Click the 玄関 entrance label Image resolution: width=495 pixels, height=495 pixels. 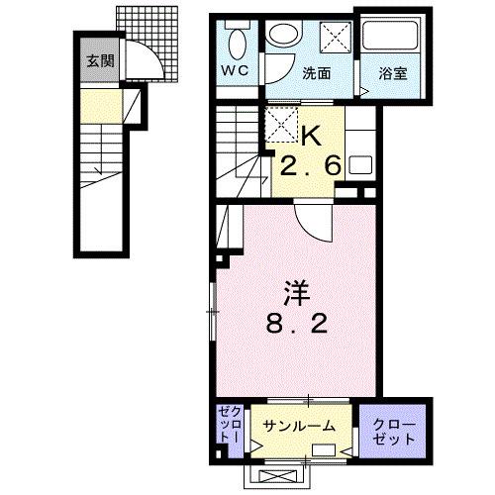point(101,61)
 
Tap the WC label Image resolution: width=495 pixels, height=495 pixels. point(235,70)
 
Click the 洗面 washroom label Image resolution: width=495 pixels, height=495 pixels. point(317,73)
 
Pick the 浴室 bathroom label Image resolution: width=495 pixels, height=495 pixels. point(392,73)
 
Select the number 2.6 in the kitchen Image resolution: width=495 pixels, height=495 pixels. point(310,165)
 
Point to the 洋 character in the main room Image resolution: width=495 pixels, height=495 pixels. point(297,292)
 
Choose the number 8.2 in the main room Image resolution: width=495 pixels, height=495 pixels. point(297,323)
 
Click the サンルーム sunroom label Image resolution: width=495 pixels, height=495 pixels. point(299,426)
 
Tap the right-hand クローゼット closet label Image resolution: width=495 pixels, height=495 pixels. point(394,433)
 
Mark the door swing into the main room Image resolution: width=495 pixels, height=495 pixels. point(310,229)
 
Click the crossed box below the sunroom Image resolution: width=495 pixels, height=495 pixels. point(276,477)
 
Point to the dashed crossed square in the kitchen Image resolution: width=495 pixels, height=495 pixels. point(281,125)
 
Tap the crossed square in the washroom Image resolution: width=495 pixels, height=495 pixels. point(336,38)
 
